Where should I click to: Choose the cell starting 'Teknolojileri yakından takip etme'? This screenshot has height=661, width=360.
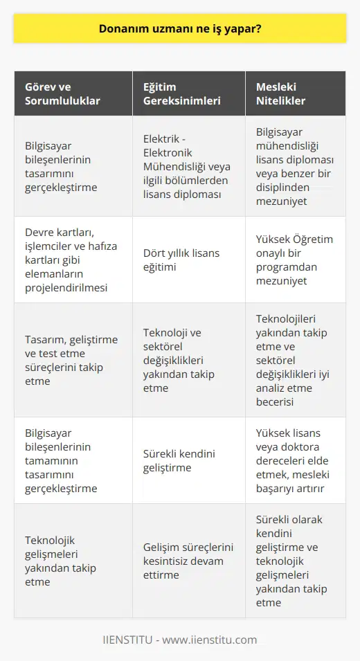point(295,360)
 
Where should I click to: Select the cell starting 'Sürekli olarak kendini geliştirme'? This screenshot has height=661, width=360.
point(295,568)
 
